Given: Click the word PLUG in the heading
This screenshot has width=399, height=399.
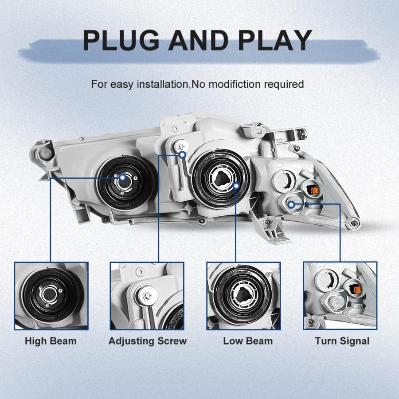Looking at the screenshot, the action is coord(121,40).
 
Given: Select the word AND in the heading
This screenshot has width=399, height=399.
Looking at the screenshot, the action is coord(199,40).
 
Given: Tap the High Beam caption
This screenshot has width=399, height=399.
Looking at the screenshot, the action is coord(51,341).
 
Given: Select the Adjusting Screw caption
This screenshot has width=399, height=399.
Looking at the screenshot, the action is coord(148,341).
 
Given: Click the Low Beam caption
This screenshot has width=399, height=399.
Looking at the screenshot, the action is coord(248,341).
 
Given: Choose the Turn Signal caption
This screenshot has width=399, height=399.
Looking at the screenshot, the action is coord(342,341).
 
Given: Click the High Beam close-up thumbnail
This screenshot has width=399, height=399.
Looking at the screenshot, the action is coord(51,296).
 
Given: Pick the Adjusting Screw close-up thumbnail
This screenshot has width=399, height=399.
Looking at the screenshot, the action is coord(147,296).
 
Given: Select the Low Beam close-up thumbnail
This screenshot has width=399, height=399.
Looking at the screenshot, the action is coord(243,296).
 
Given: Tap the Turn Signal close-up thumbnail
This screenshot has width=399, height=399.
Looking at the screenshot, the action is coord(340,296).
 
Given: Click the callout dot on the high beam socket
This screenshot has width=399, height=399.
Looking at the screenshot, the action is coord(123,178).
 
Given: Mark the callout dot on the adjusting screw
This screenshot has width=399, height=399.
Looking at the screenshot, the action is coord(183,154).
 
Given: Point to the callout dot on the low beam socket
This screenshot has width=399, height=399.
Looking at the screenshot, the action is coord(236,186).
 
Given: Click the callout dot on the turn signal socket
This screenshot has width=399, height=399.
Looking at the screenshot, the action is coord(292,204).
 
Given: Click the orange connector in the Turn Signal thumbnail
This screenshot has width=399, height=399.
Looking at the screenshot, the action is coord(356,289).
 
